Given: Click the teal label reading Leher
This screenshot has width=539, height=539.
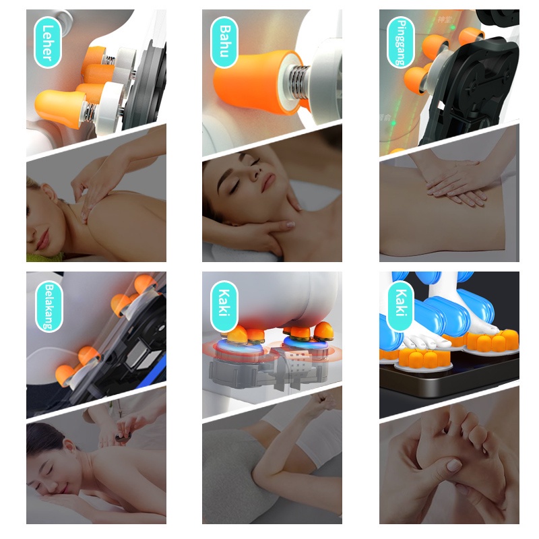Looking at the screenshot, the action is coord(47,42).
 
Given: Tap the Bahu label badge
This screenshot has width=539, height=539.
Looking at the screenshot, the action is coord(224,42).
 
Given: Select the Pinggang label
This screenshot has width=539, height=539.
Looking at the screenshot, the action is coord(401,42).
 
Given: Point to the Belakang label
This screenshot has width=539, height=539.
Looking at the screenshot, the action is coord(49,307).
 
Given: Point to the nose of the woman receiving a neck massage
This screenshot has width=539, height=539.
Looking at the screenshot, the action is coord(254,174).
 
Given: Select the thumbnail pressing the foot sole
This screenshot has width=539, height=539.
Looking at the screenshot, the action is coord(453,465).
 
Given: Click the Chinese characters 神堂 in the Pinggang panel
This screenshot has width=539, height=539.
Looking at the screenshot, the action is coord(444,20).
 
